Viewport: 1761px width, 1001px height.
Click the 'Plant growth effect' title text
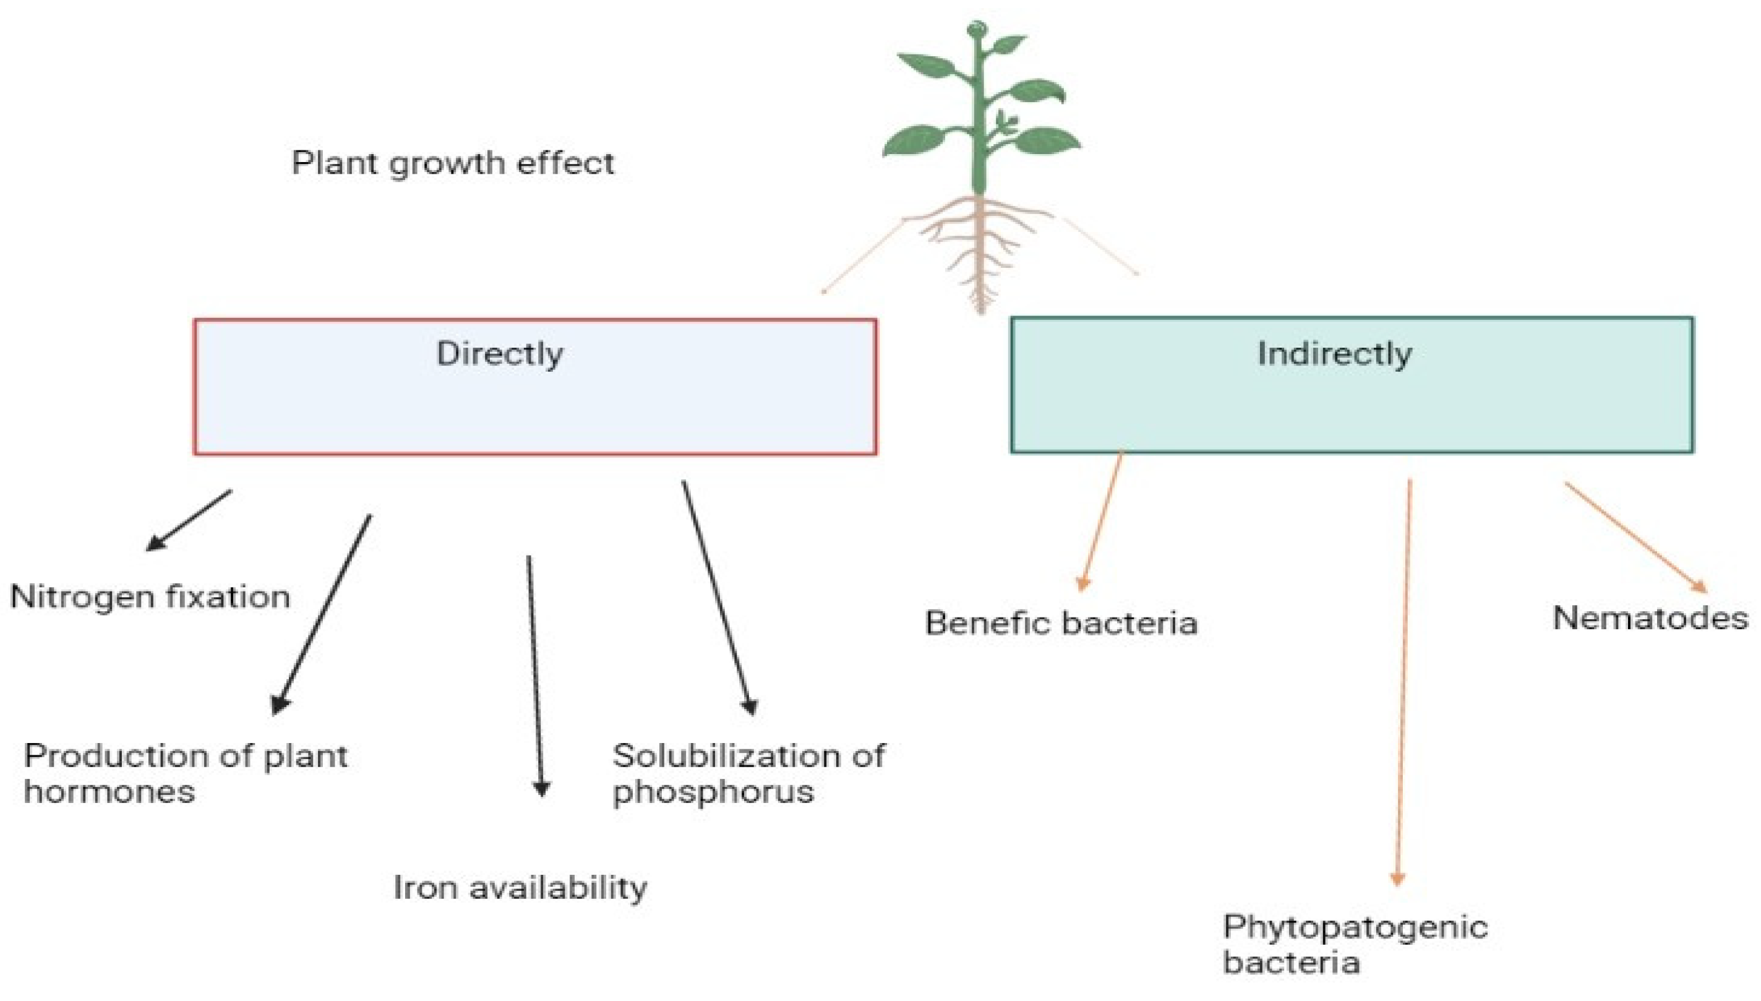pyautogui.click(x=452, y=163)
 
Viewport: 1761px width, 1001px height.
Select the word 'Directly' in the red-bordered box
pyautogui.click(x=500, y=354)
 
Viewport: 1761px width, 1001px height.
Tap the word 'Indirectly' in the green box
pyautogui.click(x=1334, y=354)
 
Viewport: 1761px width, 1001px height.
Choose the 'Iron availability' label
pyautogui.click(x=520, y=888)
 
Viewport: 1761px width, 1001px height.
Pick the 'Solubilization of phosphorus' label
pyautogui.click(x=748, y=773)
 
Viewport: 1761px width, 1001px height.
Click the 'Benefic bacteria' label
pyautogui.click(x=1061, y=623)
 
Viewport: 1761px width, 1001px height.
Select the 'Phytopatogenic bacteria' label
pyautogui.click(x=1354, y=944)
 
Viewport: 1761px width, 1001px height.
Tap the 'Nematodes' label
pyautogui.click(x=1650, y=618)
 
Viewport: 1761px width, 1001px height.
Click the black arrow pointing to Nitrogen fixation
pyautogui.click(x=189, y=520)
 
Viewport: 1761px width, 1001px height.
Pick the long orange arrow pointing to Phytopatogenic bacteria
pyautogui.click(x=1403, y=681)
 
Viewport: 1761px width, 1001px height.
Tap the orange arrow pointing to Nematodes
pyautogui.click(x=1635, y=536)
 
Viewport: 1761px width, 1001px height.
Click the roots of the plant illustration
pyautogui.click(x=980, y=247)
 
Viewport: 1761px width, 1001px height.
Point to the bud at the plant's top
pyautogui.click(x=976, y=30)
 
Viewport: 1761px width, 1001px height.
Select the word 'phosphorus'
pyautogui.click(x=713, y=792)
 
